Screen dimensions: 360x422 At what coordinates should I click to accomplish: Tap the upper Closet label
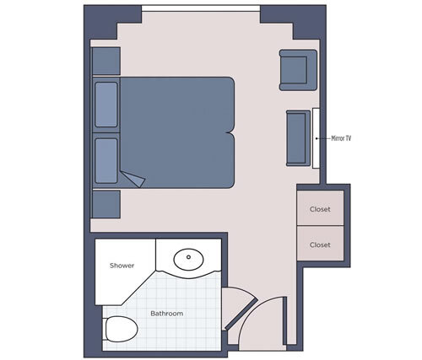(x=320, y=208)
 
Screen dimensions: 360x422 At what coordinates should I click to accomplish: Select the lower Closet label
(x=320, y=245)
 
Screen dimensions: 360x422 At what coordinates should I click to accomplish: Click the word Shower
(x=122, y=266)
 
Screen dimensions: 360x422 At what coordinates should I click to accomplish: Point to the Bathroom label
(x=167, y=314)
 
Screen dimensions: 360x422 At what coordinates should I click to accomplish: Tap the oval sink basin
(x=190, y=258)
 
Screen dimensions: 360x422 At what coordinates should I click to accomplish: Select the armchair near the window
(x=297, y=70)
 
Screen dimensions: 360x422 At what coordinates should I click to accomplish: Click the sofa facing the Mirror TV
(x=296, y=137)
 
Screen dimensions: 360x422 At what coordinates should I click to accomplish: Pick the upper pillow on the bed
(x=106, y=103)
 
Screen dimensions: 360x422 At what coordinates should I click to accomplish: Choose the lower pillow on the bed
(x=106, y=160)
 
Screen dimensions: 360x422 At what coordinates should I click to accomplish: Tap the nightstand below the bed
(x=106, y=204)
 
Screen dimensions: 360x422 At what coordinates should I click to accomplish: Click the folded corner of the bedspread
(x=132, y=179)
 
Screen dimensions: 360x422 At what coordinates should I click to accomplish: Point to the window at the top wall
(x=200, y=9)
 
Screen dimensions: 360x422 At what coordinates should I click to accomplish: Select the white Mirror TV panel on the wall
(x=316, y=137)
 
